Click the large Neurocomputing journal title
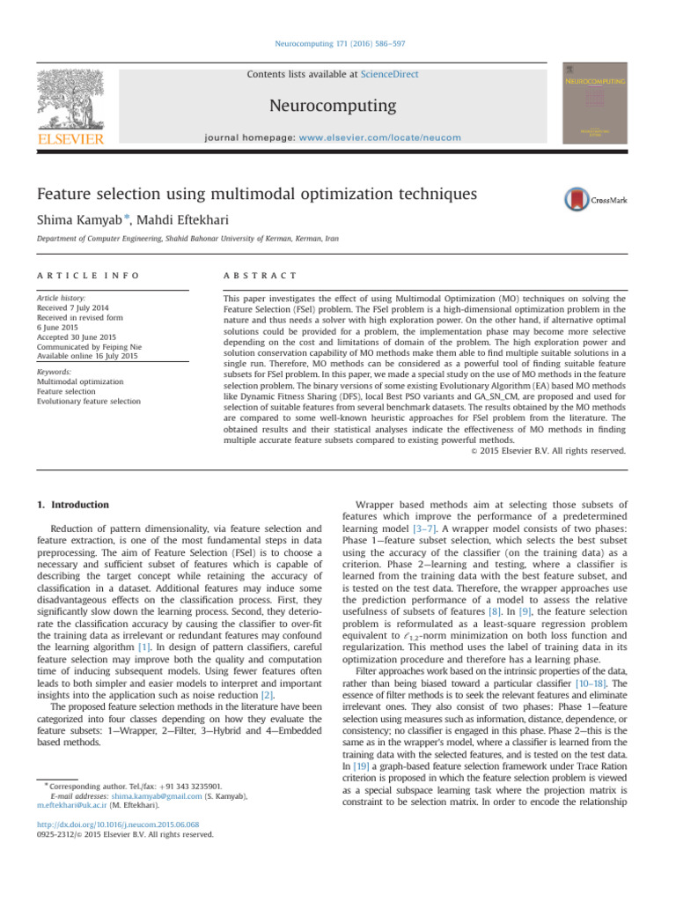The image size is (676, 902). click(338, 107)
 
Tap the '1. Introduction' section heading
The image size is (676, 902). click(75, 505)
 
